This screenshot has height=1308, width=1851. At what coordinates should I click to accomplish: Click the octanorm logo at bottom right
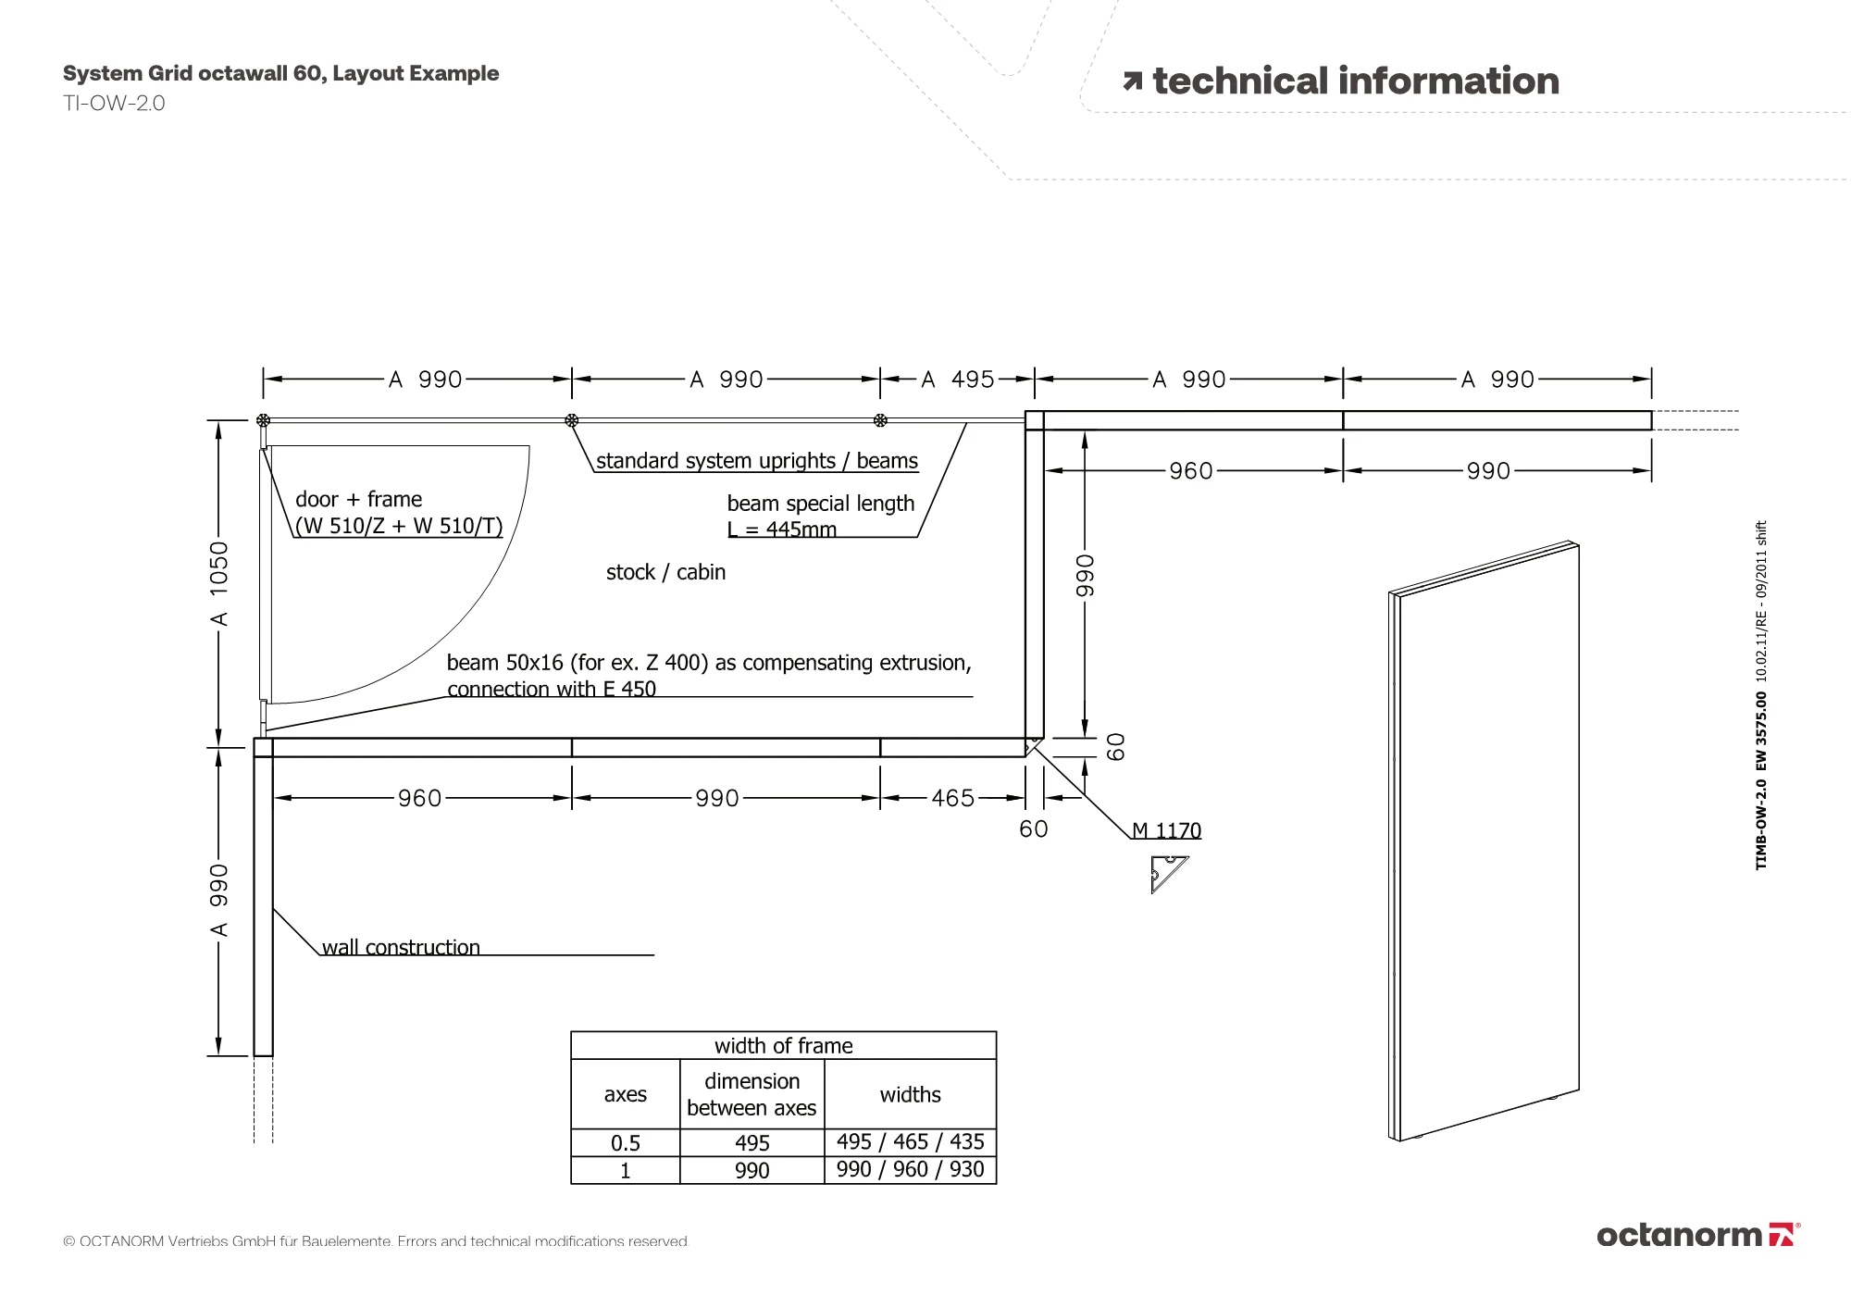1698,1235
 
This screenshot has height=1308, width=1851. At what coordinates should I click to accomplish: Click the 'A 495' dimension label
957,380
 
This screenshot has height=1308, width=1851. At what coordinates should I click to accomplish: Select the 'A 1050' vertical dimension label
218,583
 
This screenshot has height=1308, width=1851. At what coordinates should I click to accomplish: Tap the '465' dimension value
952,798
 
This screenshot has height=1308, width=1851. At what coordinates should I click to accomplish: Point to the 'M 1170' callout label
1167,830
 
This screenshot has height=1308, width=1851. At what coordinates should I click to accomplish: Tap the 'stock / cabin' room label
665,572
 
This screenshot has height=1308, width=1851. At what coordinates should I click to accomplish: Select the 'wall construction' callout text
401,947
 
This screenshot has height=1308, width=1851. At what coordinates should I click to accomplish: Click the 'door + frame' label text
358,499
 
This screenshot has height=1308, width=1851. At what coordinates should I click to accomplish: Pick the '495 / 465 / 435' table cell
910,1142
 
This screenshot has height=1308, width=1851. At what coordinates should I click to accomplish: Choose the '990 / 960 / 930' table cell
910,1170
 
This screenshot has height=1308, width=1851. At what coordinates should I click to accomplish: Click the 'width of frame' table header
783,1046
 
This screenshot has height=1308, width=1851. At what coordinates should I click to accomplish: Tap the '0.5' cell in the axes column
626,1143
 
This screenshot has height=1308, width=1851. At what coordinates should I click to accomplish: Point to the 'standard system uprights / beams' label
757,461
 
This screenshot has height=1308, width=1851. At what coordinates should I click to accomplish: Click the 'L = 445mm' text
781,529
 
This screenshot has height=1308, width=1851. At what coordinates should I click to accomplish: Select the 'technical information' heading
1355,81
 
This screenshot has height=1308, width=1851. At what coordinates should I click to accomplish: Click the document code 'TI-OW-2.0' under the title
114,103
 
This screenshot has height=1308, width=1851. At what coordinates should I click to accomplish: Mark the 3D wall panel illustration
1484,841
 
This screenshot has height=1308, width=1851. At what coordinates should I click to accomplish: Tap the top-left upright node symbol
263,420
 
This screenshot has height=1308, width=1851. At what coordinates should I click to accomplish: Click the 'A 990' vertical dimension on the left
218,900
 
